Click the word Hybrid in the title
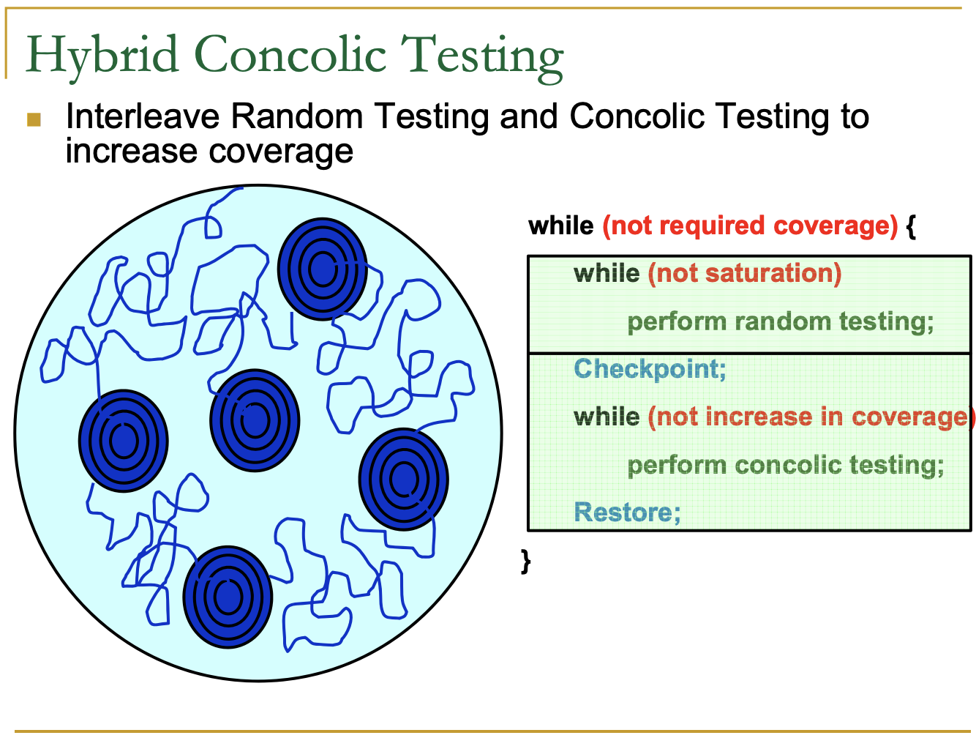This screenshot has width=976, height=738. [x=102, y=56]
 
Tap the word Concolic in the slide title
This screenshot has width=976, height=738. [x=290, y=56]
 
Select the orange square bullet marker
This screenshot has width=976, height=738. [x=34, y=119]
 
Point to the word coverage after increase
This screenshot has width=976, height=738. [x=282, y=152]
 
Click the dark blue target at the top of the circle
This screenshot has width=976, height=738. [x=322, y=269]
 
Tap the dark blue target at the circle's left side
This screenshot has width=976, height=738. [x=123, y=441]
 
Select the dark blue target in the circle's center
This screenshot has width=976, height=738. [x=255, y=420]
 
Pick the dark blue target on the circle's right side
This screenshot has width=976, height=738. [x=403, y=479]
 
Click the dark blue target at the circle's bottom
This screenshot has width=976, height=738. [x=227, y=597]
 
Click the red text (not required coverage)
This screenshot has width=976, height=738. [x=750, y=225]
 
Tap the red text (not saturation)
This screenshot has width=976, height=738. [x=745, y=273]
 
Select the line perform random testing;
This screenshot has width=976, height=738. [x=781, y=321]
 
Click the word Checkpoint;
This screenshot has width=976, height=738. [x=650, y=368]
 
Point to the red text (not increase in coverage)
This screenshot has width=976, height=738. [x=811, y=417]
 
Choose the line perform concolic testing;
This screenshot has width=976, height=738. [x=786, y=465]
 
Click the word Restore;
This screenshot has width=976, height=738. [x=627, y=512]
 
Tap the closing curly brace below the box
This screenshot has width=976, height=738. [x=525, y=561]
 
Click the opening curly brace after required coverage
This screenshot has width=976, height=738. [x=911, y=225]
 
